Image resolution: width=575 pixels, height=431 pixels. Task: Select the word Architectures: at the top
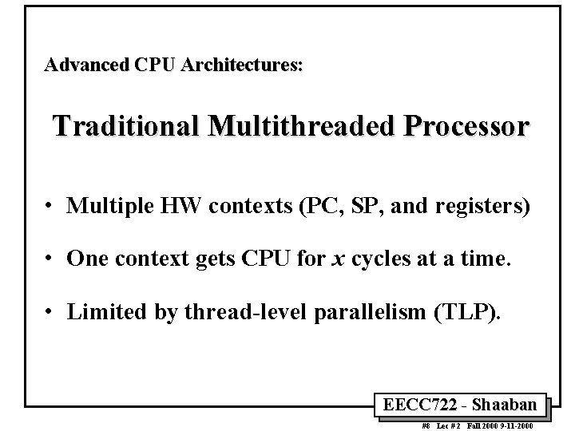point(242,65)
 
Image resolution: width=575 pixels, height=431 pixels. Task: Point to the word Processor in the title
point(459,126)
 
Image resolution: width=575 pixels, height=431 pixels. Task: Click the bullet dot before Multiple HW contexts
point(50,208)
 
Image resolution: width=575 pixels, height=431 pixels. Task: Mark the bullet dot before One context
point(50,259)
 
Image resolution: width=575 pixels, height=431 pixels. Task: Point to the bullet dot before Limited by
point(50,311)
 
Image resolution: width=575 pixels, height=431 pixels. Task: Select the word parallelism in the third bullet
point(373,310)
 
